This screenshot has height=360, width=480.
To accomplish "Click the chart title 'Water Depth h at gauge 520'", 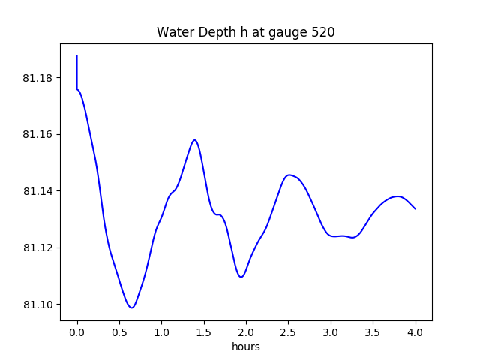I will pyautogui.click(x=245, y=33).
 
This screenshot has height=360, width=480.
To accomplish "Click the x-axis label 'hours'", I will pyautogui.click(x=246, y=346).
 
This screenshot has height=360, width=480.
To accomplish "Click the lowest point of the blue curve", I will pyautogui.click(x=131, y=307).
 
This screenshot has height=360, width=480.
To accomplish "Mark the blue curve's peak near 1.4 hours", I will pyautogui.click(x=195, y=139).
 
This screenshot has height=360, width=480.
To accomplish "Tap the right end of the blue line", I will pyautogui.click(x=415, y=208).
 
